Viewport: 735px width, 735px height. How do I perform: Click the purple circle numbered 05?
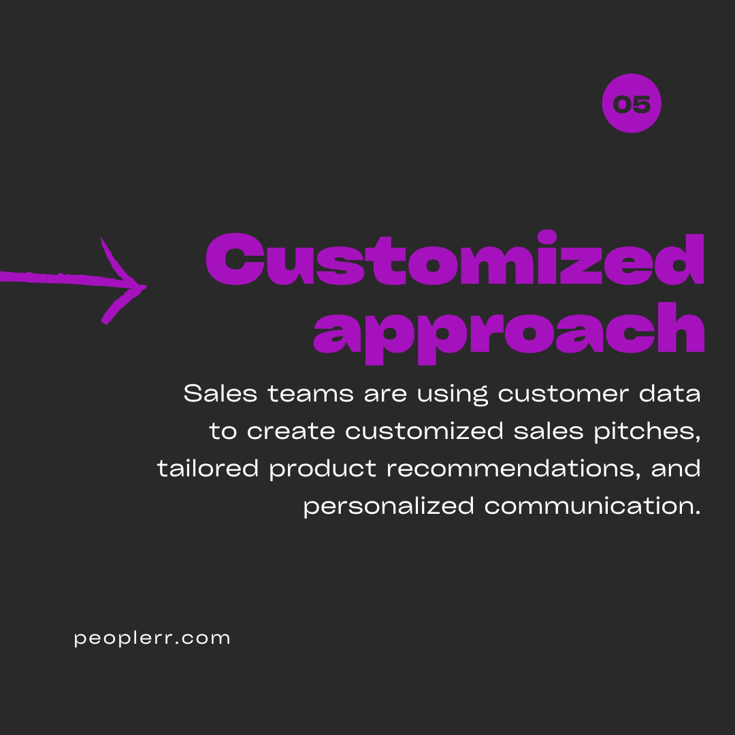click(632, 103)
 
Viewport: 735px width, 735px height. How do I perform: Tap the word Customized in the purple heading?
click(455, 258)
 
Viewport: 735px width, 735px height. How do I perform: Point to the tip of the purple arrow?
click(146, 286)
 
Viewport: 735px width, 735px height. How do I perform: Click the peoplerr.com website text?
click(152, 638)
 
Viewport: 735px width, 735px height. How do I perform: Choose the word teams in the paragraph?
click(310, 393)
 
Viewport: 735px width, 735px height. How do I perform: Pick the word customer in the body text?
click(563, 393)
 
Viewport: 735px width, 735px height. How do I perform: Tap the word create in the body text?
click(291, 431)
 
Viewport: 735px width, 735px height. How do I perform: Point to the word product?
click(323, 469)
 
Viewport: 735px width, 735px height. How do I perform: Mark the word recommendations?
click(510, 468)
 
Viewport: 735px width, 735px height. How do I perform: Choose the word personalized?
click(389, 506)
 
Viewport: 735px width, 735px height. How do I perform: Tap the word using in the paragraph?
click(453, 394)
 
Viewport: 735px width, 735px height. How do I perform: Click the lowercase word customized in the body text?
click(424, 431)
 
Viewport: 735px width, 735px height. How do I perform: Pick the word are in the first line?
click(385, 394)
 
